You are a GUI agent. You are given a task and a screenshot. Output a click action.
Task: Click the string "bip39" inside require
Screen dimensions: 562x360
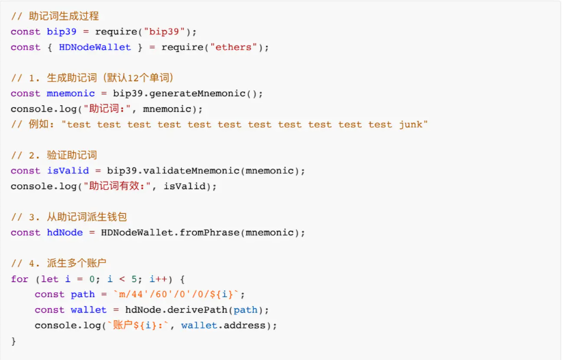pyautogui.click(x=165, y=32)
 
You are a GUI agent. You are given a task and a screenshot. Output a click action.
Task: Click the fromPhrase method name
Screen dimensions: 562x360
pyautogui.click(x=204, y=232)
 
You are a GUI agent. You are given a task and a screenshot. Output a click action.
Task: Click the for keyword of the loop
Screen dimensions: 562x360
pyautogui.click(x=19, y=279)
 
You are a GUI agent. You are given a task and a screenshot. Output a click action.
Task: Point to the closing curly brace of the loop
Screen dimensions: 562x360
pyautogui.click(x=14, y=340)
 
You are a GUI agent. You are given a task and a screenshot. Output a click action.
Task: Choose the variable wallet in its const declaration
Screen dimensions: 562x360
pyautogui.click(x=88, y=309)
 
